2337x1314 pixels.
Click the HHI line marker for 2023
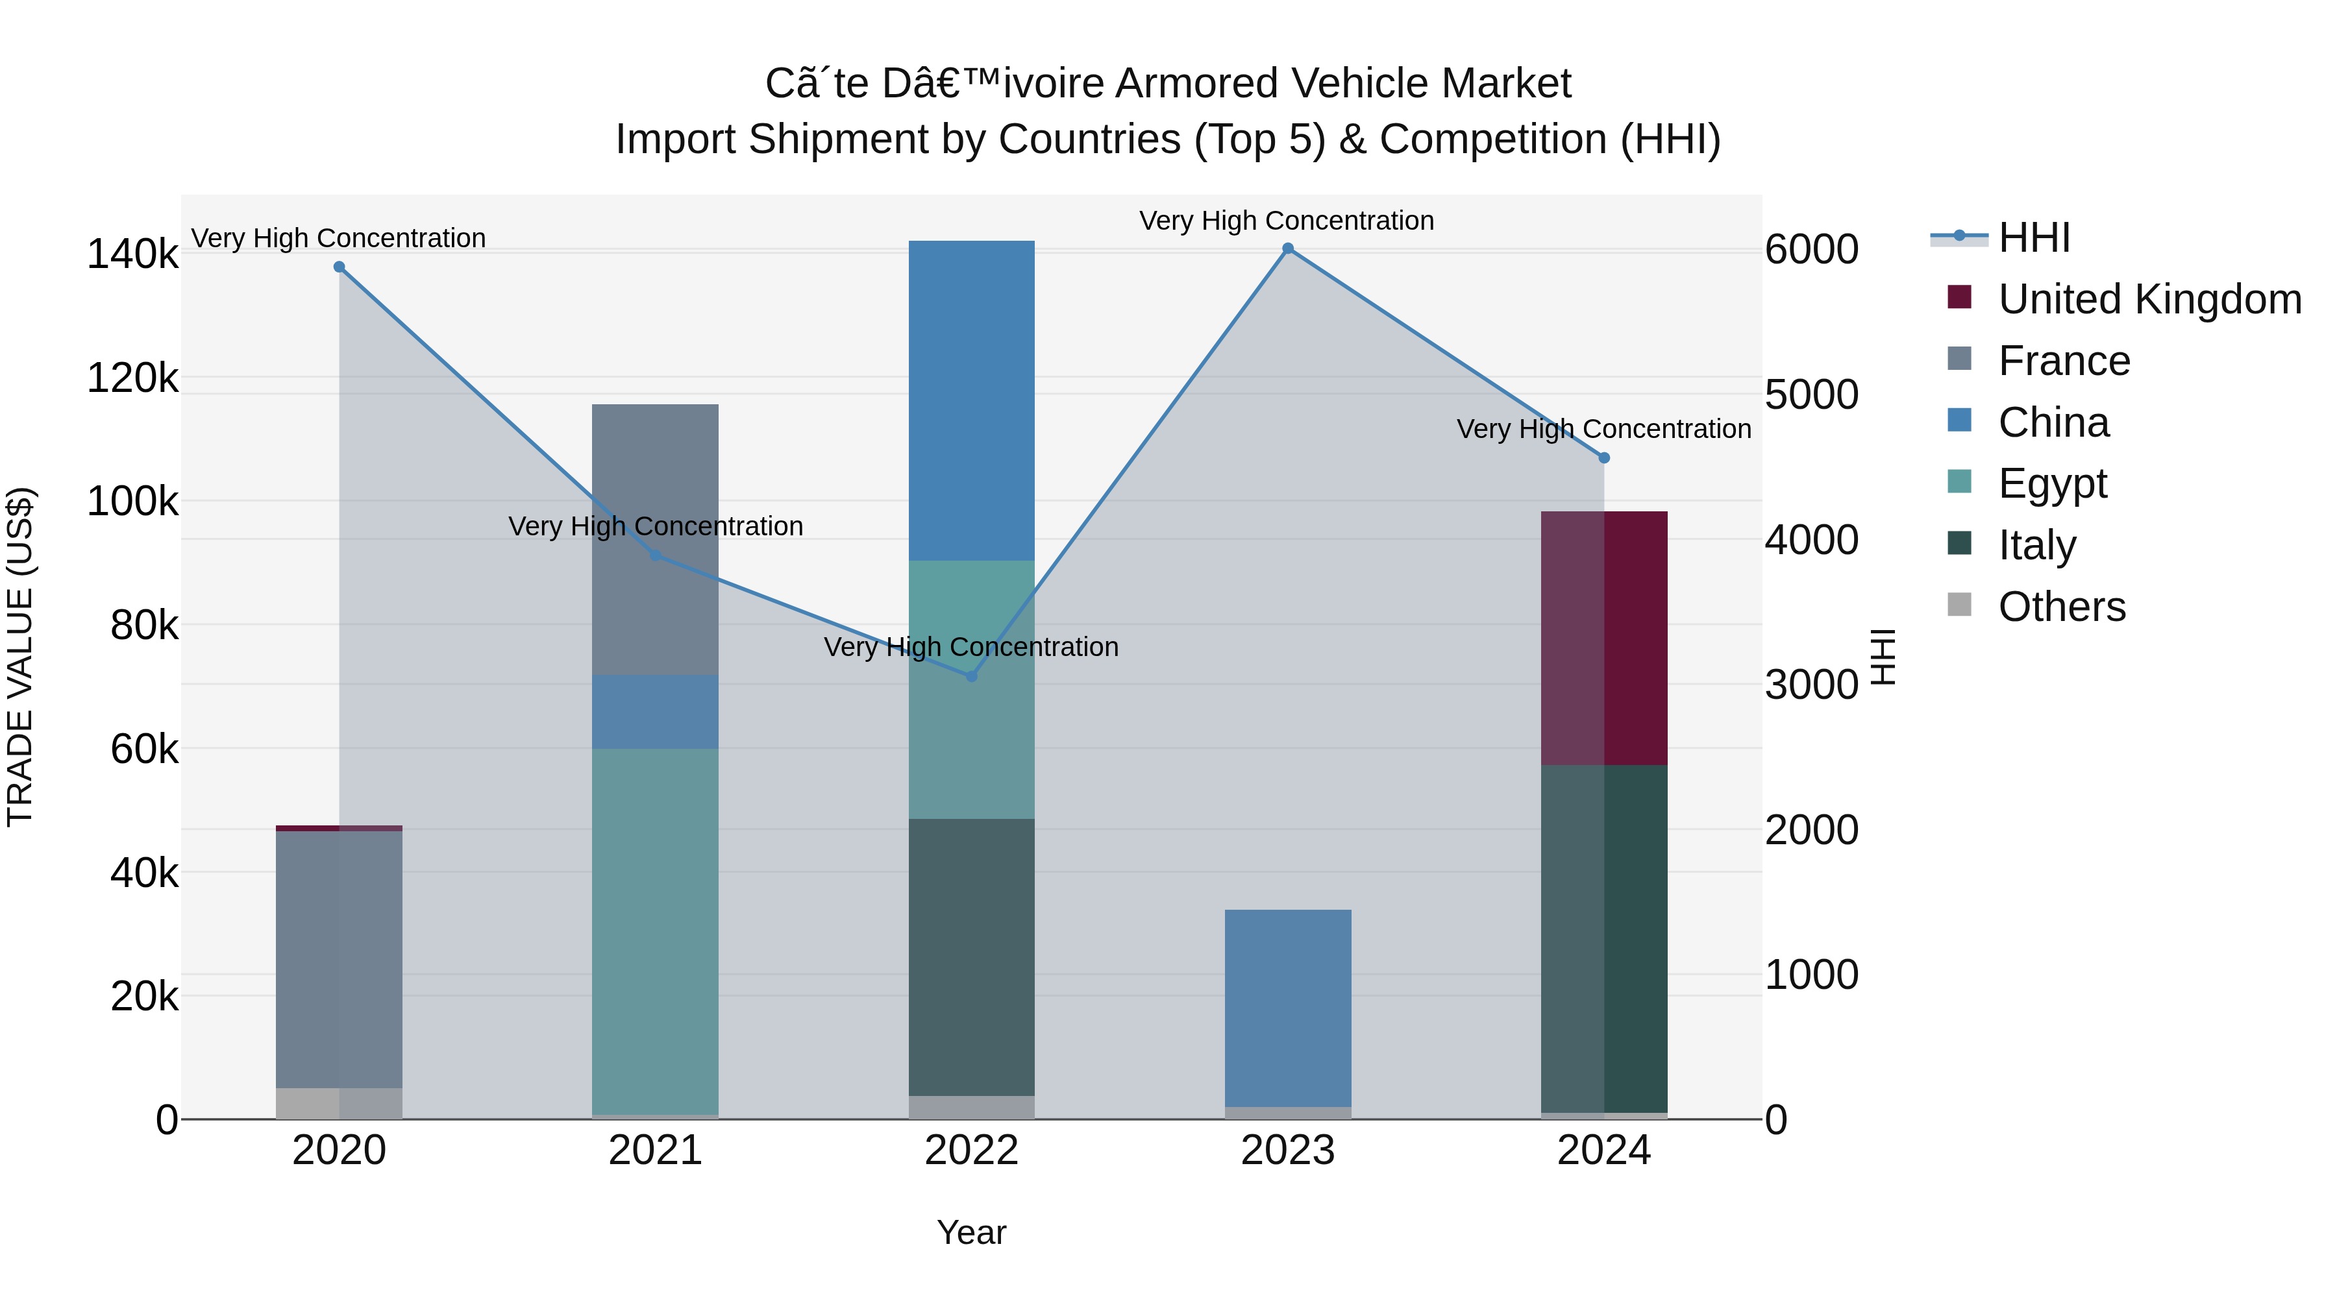pos(1287,249)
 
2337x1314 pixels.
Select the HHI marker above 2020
pos(340,267)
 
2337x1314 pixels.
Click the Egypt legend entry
pos(2052,483)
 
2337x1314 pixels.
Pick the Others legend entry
pos(2061,607)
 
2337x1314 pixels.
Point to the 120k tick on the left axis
pos(132,378)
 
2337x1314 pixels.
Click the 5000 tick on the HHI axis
pos(1811,395)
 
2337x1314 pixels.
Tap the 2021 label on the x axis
pos(655,1150)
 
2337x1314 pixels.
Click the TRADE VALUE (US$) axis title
pos(20,657)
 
